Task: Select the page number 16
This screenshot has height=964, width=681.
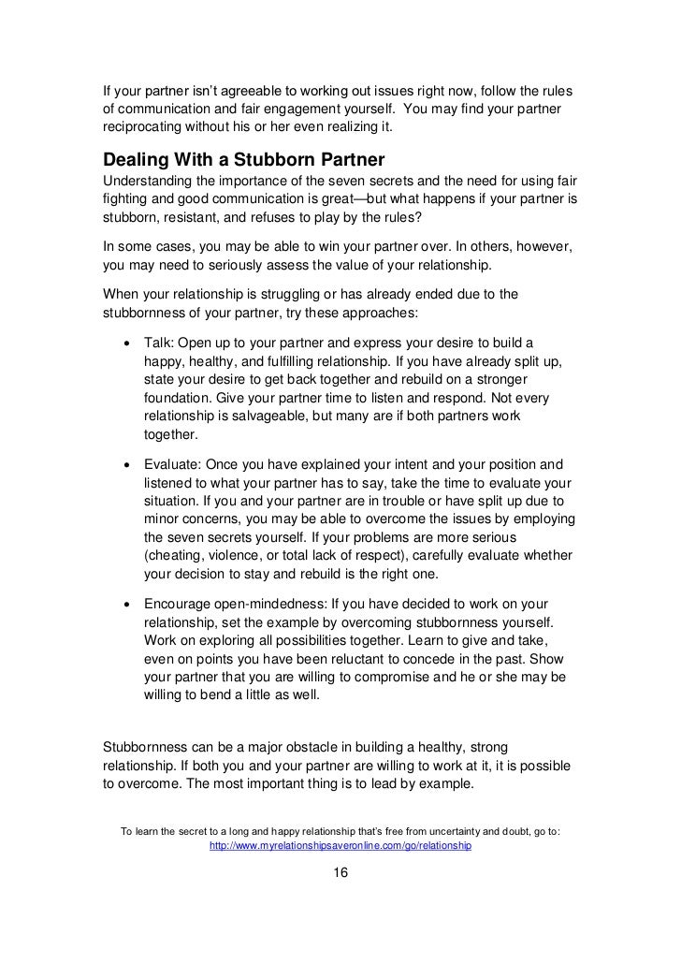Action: click(x=340, y=872)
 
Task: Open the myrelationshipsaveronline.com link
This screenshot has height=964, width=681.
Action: click(x=340, y=845)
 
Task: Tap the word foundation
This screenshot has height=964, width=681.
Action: click(x=178, y=397)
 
